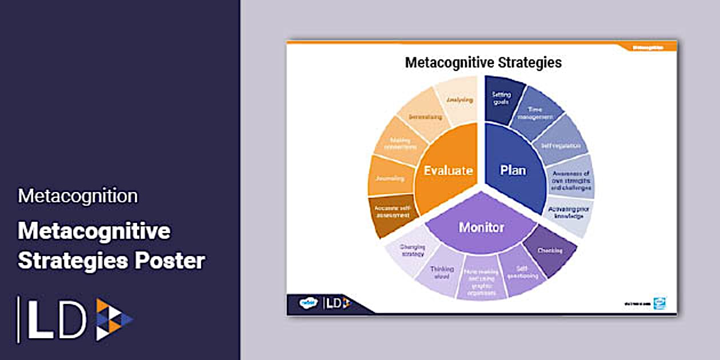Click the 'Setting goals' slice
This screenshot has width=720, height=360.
(x=501, y=100)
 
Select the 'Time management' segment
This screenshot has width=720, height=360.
(x=534, y=113)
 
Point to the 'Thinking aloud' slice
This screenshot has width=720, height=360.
(x=442, y=273)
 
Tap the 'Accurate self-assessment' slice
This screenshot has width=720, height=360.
(x=392, y=214)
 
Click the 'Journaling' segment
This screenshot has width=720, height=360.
(x=390, y=178)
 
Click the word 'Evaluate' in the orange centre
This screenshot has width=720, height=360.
(x=448, y=170)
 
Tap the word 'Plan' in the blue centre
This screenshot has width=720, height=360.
(x=513, y=170)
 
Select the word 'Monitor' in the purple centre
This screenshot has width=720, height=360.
(x=482, y=227)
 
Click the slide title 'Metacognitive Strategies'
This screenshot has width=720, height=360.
(x=483, y=62)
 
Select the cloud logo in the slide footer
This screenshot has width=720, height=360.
(x=309, y=303)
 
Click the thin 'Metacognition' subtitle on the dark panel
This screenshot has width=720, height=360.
(x=78, y=196)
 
